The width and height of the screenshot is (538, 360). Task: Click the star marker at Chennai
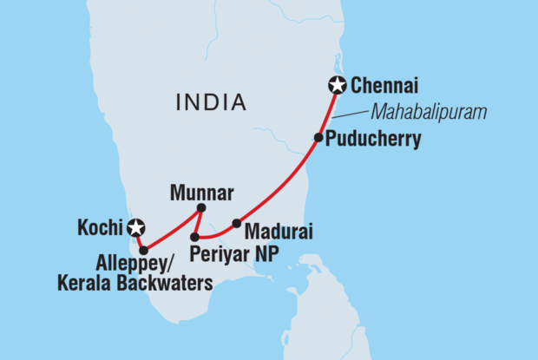pos(337,85)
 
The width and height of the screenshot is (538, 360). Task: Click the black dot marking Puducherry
pos(318,138)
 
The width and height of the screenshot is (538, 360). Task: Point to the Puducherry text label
pos(373,139)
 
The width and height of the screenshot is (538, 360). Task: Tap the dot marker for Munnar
pos(201,207)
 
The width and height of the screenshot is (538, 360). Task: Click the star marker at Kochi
pos(135,229)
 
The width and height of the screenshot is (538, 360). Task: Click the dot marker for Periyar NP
pos(196,236)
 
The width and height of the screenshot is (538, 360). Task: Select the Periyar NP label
pos(240,253)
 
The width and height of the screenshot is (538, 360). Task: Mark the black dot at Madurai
pos(236,223)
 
